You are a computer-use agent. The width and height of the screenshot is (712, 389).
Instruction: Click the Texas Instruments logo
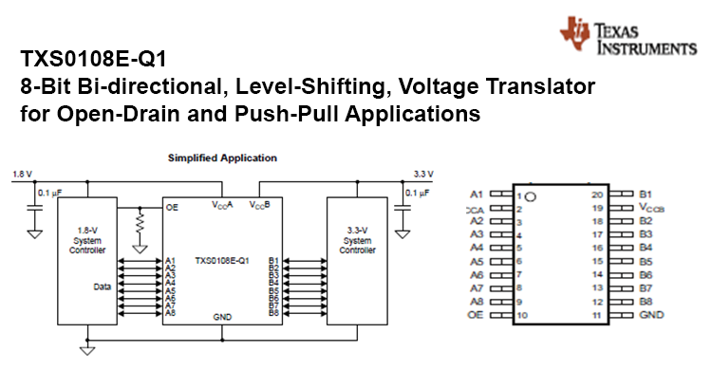click(628, 35)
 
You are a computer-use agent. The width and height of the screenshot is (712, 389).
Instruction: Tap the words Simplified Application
click(222, 157)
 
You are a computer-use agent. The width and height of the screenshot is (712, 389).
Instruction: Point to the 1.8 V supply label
click(22, 174)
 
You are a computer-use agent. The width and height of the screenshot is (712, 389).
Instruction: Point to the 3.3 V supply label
click(423, 174)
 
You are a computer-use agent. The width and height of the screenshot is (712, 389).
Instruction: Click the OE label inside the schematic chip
click(172, 206)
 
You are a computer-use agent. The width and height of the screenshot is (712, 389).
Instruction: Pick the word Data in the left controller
click(102, 286)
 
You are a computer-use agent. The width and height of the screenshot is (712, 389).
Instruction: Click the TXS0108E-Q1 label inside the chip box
click(221, 260)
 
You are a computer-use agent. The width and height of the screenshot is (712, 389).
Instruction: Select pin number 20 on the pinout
click(597, 194)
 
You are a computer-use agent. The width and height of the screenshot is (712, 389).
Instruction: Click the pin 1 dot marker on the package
click(532, 196)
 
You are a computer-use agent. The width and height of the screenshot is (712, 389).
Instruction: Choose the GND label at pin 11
click(651, 314)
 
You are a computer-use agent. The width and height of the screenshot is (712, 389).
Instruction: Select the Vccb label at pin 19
click(655, 208)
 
